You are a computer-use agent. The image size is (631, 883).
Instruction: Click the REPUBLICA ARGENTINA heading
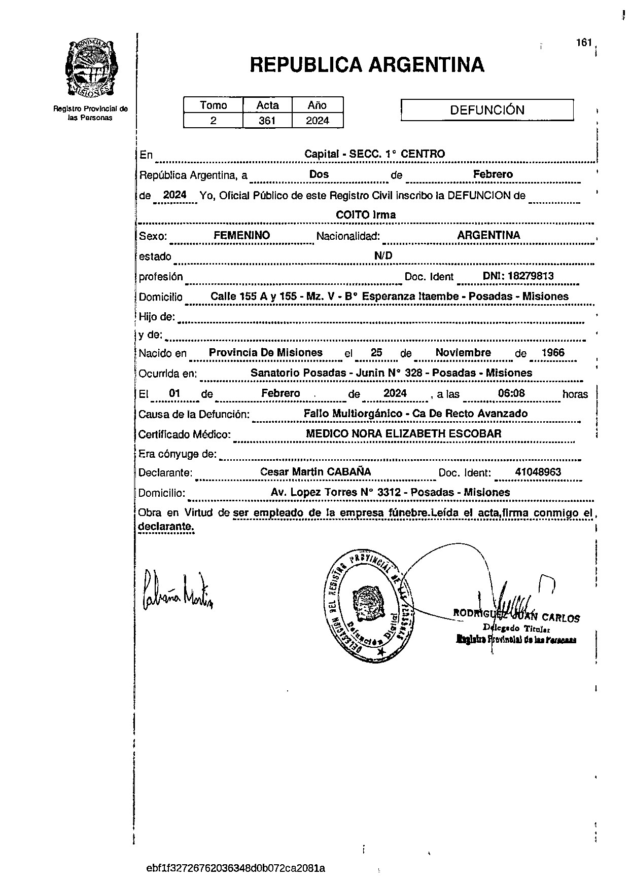coord(367,65)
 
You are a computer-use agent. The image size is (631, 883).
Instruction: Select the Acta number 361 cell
coord(267,121)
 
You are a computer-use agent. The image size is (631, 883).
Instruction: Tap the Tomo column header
coord(214,105)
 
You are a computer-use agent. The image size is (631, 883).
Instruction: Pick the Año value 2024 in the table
coord(318,121)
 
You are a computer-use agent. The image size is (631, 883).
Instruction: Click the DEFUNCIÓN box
coord(487,110)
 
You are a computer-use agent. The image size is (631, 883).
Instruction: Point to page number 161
coord(584,43)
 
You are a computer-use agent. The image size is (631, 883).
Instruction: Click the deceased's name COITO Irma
coord(366,215)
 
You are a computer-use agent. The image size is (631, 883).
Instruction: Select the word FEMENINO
coord(242,235)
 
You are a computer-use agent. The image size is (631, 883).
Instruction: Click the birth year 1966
coord(553,353)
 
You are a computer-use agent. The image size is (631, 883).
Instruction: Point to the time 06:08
coord(511,393)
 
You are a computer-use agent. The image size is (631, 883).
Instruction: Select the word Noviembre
coord(463,353)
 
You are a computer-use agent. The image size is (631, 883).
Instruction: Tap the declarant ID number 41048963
coord(538,472)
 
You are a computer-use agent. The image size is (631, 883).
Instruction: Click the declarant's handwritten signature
coord(178,592)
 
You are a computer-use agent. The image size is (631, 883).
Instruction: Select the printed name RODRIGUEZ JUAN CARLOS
coord(516,617)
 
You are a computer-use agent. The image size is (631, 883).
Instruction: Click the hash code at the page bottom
coord(235,868)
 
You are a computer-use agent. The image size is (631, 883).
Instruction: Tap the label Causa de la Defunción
coord(194,414)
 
